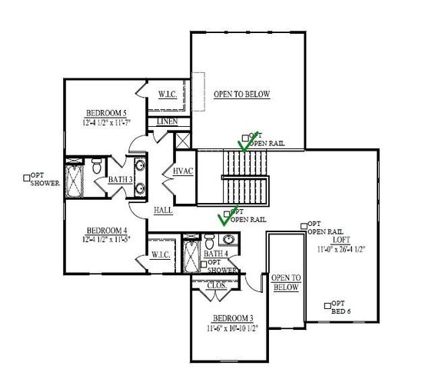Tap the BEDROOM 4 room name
106,230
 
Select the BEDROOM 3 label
233,318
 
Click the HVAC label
181,171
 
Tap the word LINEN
167,122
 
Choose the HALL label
162,209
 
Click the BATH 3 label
120,180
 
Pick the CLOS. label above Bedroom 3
218,285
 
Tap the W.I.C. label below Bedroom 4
161,254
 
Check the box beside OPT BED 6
328,304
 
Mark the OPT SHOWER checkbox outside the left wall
28,176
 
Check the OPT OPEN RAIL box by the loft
304,224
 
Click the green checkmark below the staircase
225,218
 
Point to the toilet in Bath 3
97,167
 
